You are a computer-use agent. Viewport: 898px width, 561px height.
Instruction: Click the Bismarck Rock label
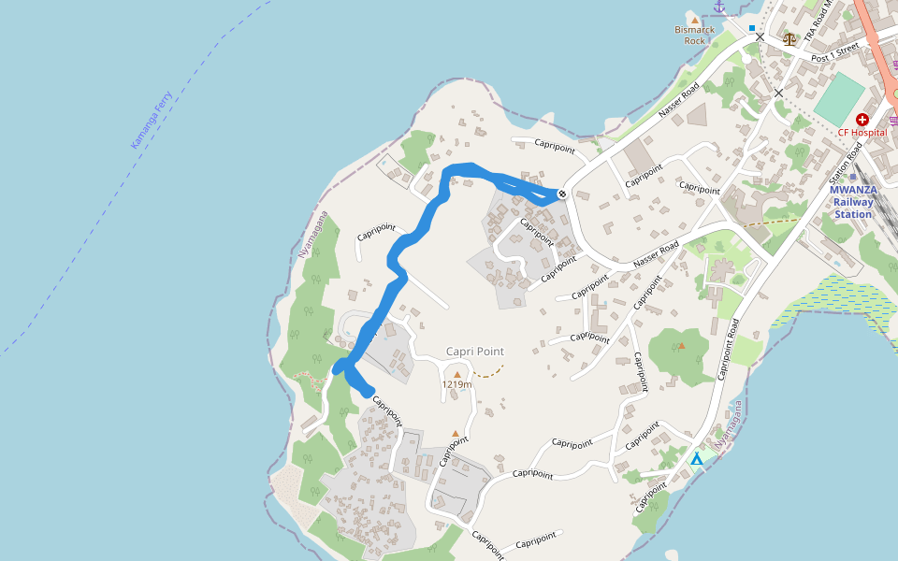point(694,35)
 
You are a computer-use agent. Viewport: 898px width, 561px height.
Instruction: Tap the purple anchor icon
point(719,7)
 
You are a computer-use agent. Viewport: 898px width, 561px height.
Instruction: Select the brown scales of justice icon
point(790,38)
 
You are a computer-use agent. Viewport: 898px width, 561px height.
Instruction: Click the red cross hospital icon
point(862,120)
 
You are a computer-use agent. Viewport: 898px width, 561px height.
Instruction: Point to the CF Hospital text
point(862,133)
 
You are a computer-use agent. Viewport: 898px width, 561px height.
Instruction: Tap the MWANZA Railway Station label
point(851,201)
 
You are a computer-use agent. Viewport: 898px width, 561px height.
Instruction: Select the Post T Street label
point(835,52)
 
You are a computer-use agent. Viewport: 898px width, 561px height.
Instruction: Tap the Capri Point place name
point(474,352)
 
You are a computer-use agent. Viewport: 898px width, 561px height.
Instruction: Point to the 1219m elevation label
point(456,384)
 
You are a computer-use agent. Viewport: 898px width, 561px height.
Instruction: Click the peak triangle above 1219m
point(456,373)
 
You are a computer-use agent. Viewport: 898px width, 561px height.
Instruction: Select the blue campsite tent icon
point(696,459)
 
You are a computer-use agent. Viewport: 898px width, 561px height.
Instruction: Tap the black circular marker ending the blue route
point(561,194)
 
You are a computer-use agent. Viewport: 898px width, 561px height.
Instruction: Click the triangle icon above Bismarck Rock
point(694,19)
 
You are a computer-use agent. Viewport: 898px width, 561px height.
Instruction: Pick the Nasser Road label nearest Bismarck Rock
point(678,100)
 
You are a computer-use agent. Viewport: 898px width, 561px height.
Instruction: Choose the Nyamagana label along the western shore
point(313,235)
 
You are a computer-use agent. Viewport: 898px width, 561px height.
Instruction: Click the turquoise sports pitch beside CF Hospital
point(839,97)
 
